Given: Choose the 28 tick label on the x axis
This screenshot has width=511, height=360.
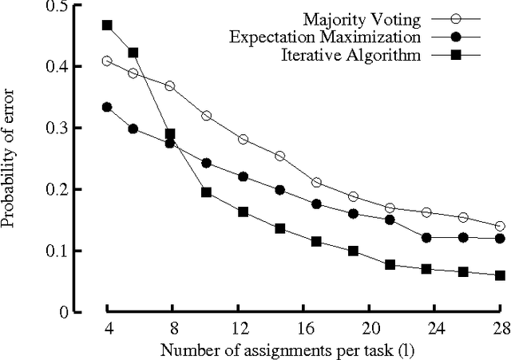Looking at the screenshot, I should pos(501,327).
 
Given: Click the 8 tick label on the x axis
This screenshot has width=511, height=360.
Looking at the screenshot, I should pos(171,327).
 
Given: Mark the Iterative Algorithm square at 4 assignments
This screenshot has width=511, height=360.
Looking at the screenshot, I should pos(107,26).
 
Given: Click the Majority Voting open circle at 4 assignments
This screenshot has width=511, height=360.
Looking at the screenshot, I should pos(107,61).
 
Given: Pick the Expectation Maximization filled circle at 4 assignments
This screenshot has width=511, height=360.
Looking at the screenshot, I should pos(107,107).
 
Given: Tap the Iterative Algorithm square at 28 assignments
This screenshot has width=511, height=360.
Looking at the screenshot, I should pos(501,275).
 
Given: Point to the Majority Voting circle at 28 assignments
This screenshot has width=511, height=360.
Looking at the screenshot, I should pos(501,227).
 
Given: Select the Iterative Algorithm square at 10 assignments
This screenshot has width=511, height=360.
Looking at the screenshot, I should pos(207,192).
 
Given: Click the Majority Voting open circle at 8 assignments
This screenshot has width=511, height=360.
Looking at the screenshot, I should pos(170,85).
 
